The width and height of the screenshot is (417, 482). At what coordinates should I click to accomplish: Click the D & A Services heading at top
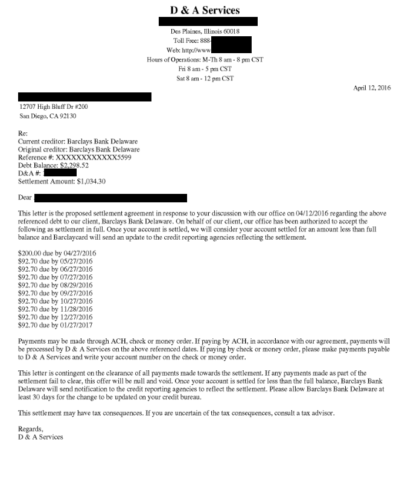click(x=205, y=10)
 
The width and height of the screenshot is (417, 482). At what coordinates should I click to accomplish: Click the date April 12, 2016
click(x=372, y=88)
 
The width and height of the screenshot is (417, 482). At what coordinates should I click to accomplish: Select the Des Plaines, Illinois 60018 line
click(x=205, y=31)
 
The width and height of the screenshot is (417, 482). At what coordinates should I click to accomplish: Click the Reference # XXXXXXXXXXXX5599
click(x=93, y=157)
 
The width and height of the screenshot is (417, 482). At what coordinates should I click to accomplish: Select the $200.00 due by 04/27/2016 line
click(x=57, y=252)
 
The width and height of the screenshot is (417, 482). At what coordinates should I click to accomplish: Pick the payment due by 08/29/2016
click(x=56, y=284)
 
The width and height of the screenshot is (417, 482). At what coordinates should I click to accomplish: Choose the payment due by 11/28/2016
click(x=56, y=308)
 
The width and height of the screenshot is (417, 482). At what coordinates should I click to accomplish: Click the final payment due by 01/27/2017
click(x=56, y=324)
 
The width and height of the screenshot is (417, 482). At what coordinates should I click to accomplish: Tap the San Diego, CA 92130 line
click(x=48, y=116)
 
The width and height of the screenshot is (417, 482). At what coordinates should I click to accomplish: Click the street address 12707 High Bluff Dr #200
click(x=57, y=106)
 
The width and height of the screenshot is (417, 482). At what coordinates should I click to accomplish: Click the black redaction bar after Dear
click(x=110, y=198)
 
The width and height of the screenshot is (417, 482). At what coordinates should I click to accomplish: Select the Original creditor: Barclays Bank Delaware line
click(x=79, y=149)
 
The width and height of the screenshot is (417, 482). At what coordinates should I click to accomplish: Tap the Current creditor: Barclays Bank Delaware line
click(x=78, y=141)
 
